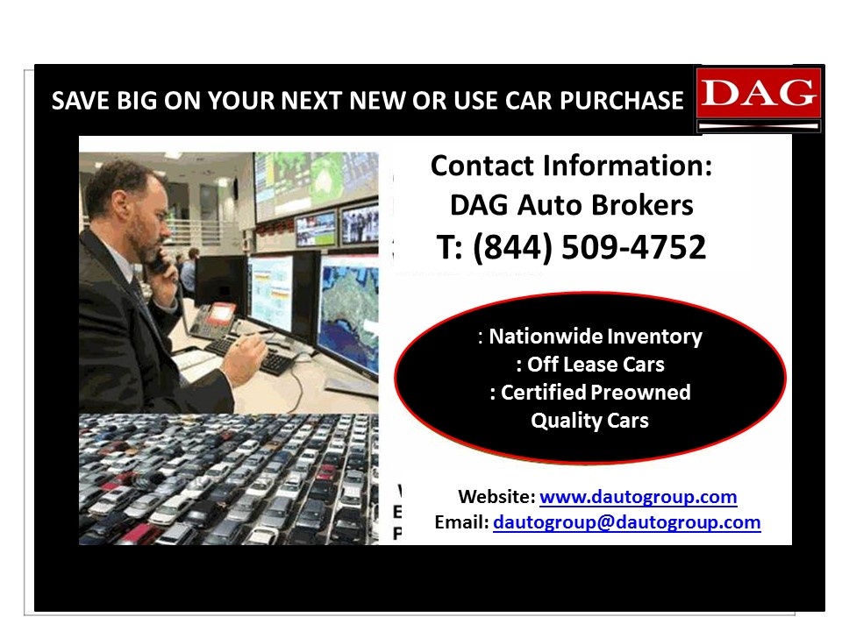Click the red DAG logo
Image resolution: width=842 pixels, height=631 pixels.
(759, 98)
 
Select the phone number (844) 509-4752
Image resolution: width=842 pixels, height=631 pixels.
(589, 247)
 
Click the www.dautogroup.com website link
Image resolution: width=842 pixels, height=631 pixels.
(638, 496)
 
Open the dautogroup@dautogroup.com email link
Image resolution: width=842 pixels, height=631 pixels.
(626, 522)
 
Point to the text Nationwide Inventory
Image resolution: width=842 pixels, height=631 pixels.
(595, 337)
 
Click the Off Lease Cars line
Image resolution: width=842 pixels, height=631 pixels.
(596, 365)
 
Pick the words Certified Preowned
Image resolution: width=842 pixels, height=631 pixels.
(596, 393)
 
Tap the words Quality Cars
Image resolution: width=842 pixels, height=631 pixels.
(589, 420)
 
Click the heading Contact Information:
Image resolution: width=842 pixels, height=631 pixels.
(571, 166)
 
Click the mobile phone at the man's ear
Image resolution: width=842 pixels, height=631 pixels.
(159, 261)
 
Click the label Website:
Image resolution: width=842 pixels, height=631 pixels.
(496, 496)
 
